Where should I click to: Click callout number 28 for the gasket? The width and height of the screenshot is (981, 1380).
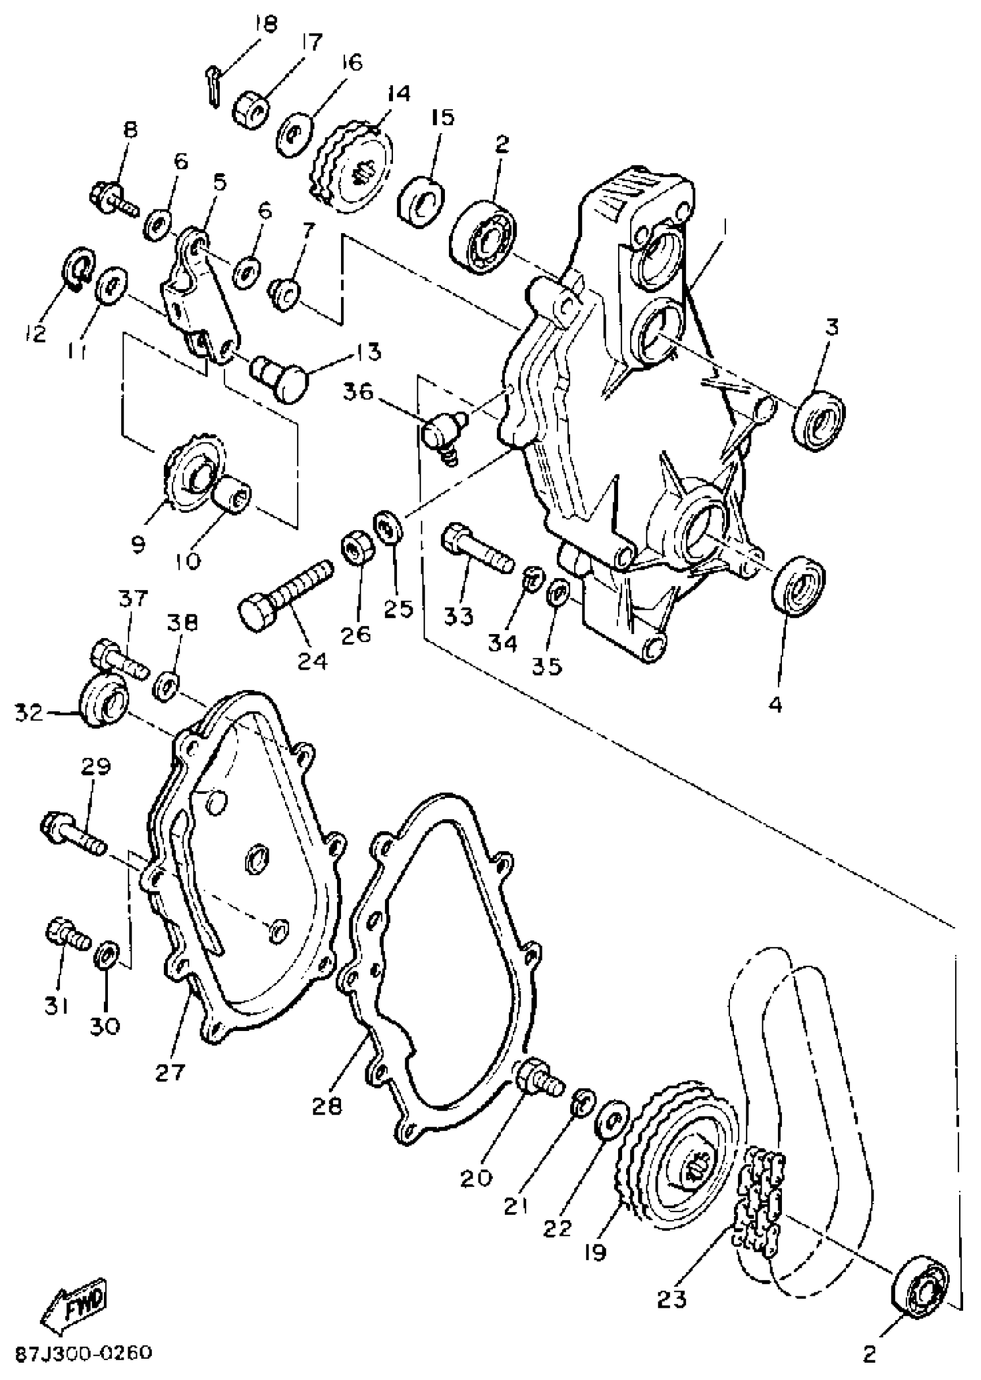(x=327, y=1105)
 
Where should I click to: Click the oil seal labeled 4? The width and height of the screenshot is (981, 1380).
(x=799, y=586)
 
